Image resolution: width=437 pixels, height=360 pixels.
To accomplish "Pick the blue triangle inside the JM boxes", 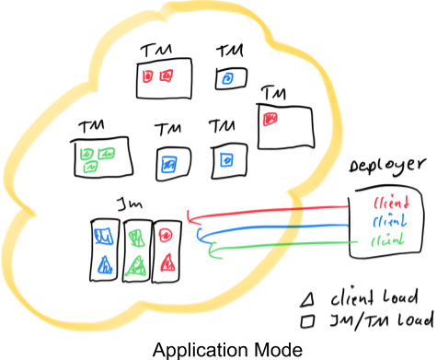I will coord(104,266).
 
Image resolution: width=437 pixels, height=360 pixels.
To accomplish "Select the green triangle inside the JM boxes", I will coord(135,266).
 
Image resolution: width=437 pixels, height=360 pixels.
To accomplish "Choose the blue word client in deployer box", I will coord(385,223).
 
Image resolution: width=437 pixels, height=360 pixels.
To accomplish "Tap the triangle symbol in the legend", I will coord(308,297).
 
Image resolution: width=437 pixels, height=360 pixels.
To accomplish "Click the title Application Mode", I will coord(218,348).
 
